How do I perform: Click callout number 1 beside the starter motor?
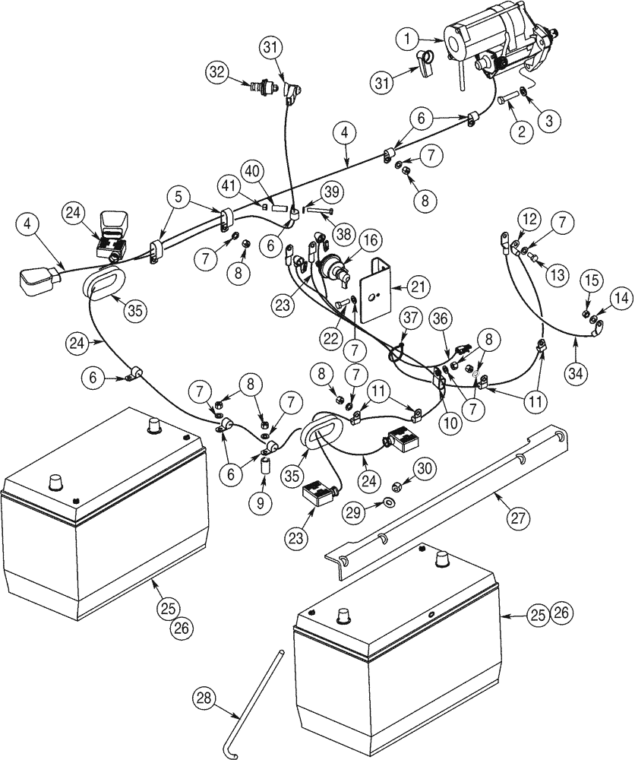tap(407, 36)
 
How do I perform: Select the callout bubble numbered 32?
tap(216, 71)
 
